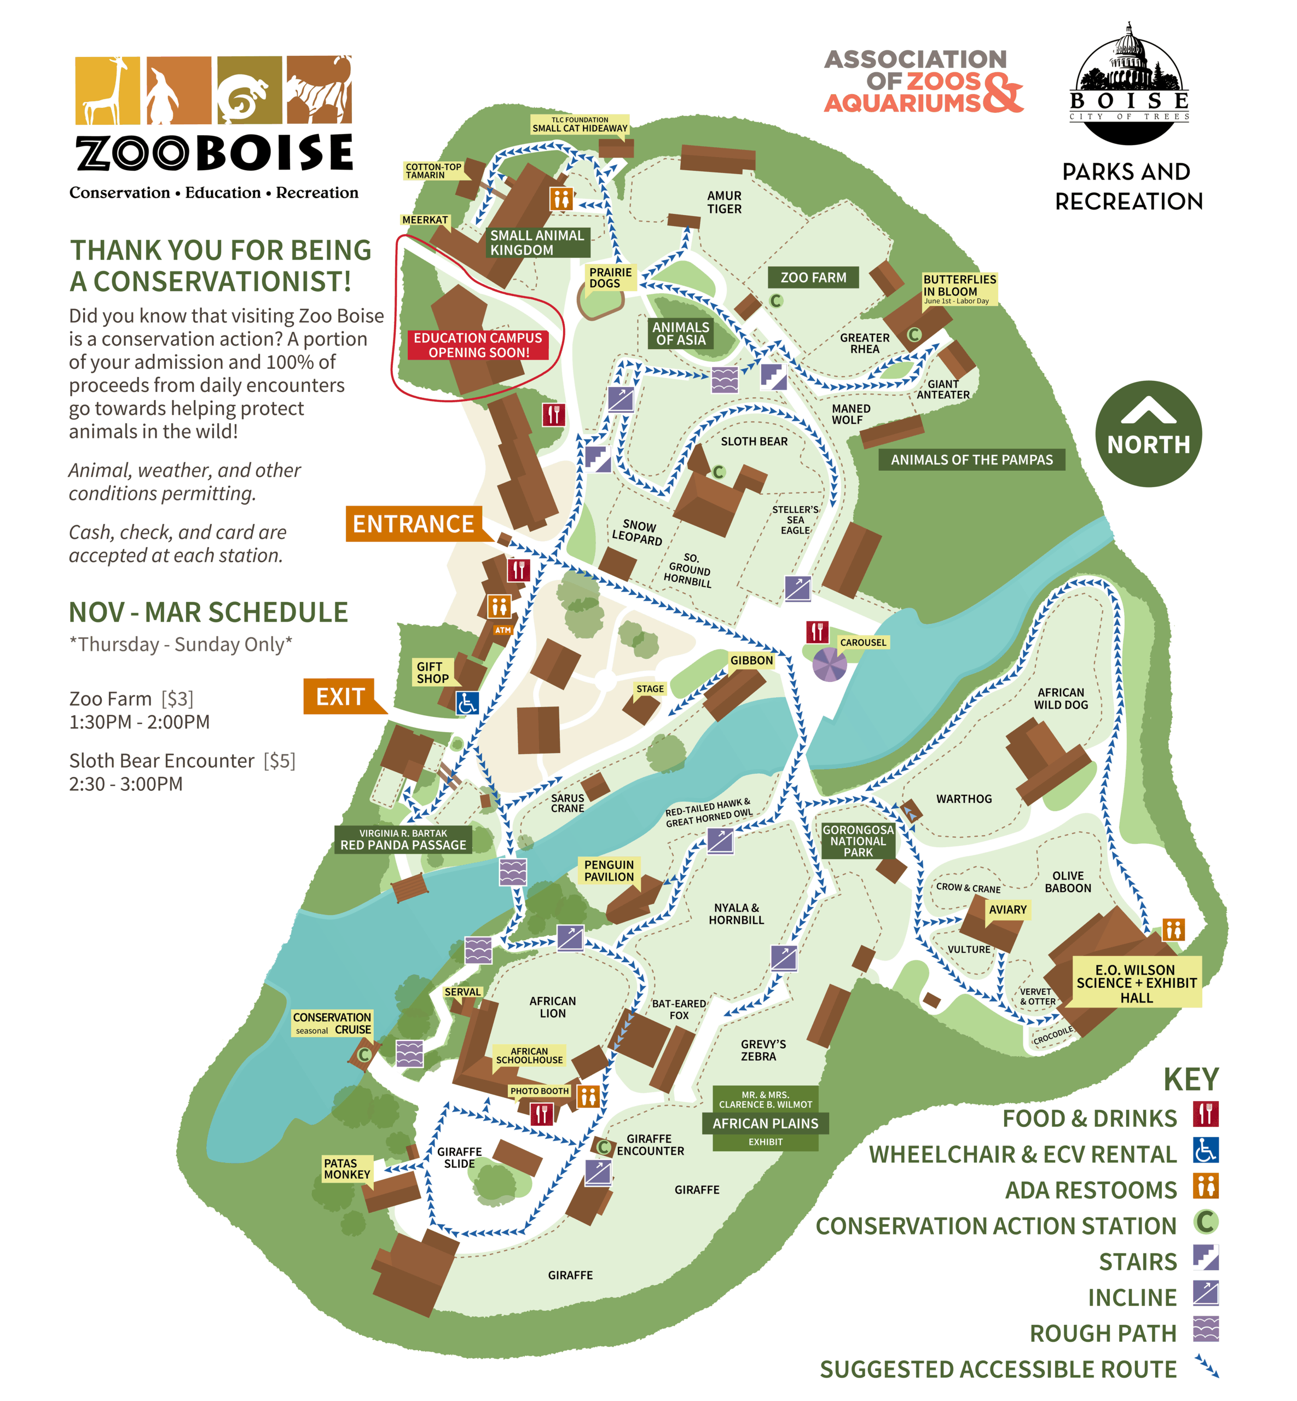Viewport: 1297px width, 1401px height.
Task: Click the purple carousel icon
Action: point(829,663)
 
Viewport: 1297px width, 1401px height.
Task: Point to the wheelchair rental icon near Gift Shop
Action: point(467,702)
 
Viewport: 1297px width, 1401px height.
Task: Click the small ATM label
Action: point(502,629)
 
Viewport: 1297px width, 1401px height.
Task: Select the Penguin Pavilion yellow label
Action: point(609,870)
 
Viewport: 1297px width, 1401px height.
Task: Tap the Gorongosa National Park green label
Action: point(858,840)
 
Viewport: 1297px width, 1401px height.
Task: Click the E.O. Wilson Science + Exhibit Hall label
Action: point(1136,983)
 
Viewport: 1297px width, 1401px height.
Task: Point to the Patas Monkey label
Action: point(346,1168)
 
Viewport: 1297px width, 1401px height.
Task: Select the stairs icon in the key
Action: point(1205,1257)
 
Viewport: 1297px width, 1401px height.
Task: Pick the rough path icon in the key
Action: point(1205,1329)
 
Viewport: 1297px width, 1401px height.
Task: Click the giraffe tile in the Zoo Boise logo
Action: point(108,90)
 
